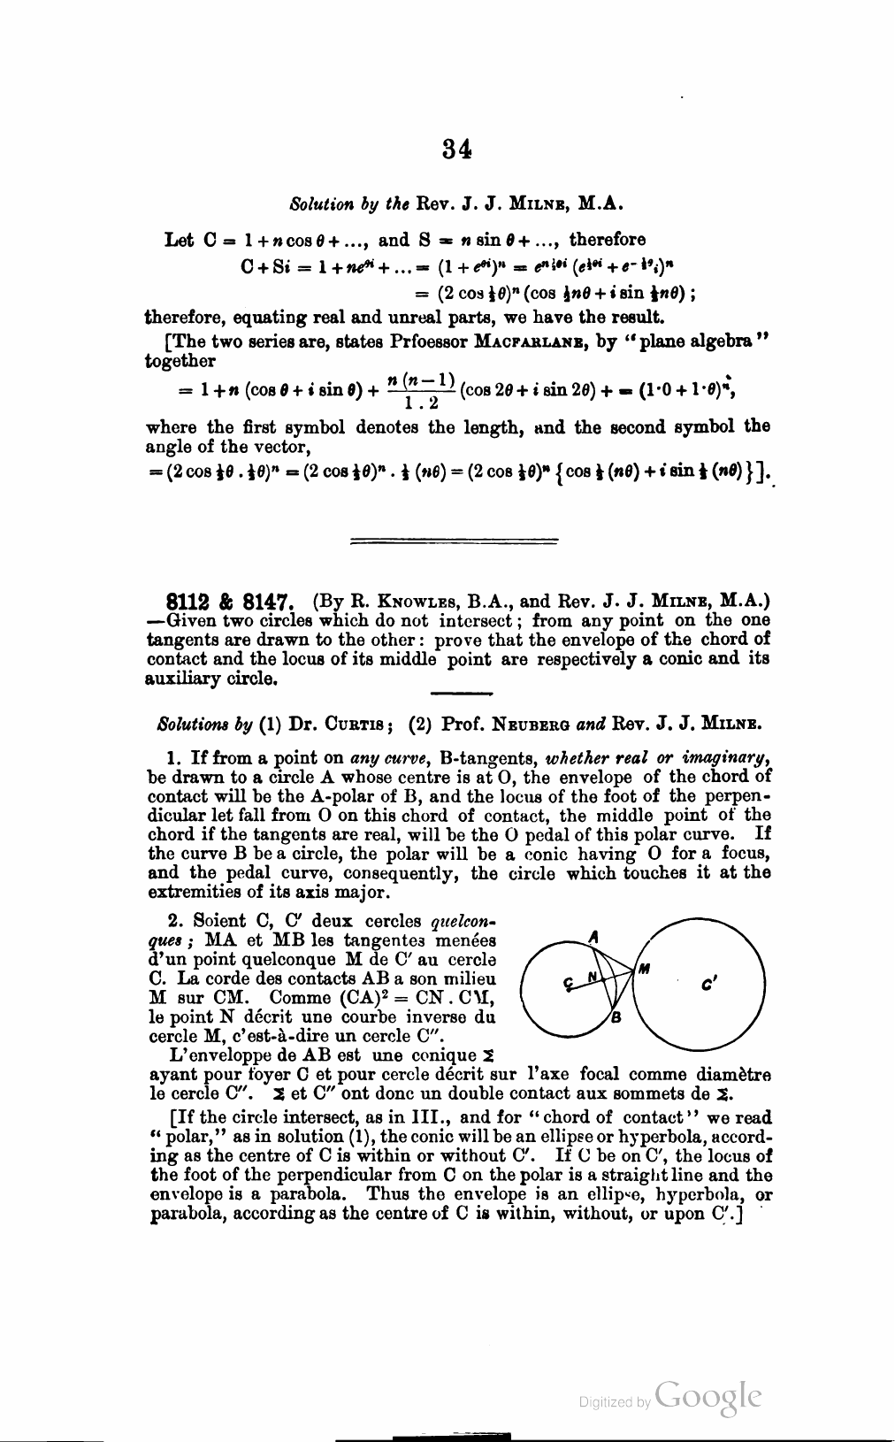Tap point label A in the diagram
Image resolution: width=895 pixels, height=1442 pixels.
click(x=594, y=936)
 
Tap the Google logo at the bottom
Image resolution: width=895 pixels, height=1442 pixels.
click(x=708, y=1395)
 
